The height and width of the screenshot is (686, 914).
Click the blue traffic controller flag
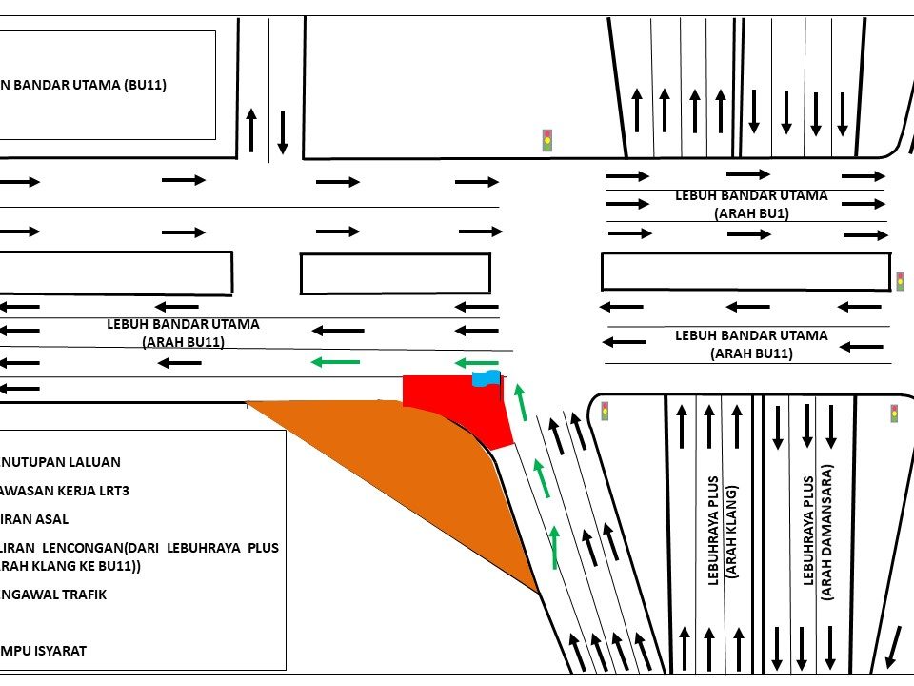click(x=486, y=379)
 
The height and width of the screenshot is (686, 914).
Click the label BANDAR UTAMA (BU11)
click(x=84, y=85)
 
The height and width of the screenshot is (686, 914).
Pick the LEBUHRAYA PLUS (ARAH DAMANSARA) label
click(x=817, y=532)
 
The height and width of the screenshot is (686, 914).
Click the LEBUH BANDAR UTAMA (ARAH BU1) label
click(x=751, y=204)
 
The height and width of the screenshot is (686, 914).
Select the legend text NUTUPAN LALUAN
click(x=60, y=462)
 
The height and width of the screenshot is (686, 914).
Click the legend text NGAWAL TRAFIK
click(x=53, y=595)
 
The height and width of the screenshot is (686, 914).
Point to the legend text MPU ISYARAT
click(x=44, y=651)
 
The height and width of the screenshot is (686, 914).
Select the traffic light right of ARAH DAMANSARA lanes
click(x=894, y=413)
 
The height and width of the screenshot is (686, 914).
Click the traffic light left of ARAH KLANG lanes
click(x=604, y=411)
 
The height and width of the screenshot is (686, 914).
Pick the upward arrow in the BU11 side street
click(x=251, y=130)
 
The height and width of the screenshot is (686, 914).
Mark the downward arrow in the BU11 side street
click(x=283, y=131)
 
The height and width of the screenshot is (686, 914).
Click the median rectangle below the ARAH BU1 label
click(x=745, y=272)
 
